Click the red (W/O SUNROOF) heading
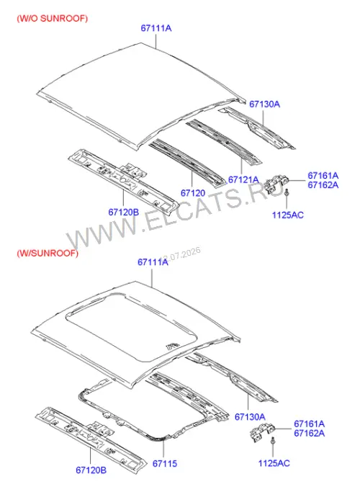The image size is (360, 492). click(x=53, y=19)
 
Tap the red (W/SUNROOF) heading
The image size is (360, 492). click(x=48, y=253)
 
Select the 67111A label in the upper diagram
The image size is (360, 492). click(x=156, y=28)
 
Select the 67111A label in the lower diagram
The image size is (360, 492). click(x=153, y=262)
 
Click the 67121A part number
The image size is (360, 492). click(x=243, y=180)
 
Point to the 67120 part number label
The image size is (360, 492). click(x=193, y=193)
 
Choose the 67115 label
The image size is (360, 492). click(x=165, y=463)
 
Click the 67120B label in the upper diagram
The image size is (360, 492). click(x=124, y=213)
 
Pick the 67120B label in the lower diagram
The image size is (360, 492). click(x=91, y=470)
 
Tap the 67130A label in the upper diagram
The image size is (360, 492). click(x=265, y=104)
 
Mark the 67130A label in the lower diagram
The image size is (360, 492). click(x=250, y=417)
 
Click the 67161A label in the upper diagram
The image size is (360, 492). click(x=323, y=176)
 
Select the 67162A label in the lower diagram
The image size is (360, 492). click(x=309, y=434)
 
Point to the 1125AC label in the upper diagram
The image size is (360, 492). click(x=287, y=215)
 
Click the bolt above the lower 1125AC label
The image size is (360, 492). click(x=273, y=441)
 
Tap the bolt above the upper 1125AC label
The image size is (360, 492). click(x=287, y=192)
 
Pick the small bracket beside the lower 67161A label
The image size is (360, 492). click(x=262, y=431)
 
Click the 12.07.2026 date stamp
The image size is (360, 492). click(x=180, y=255)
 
